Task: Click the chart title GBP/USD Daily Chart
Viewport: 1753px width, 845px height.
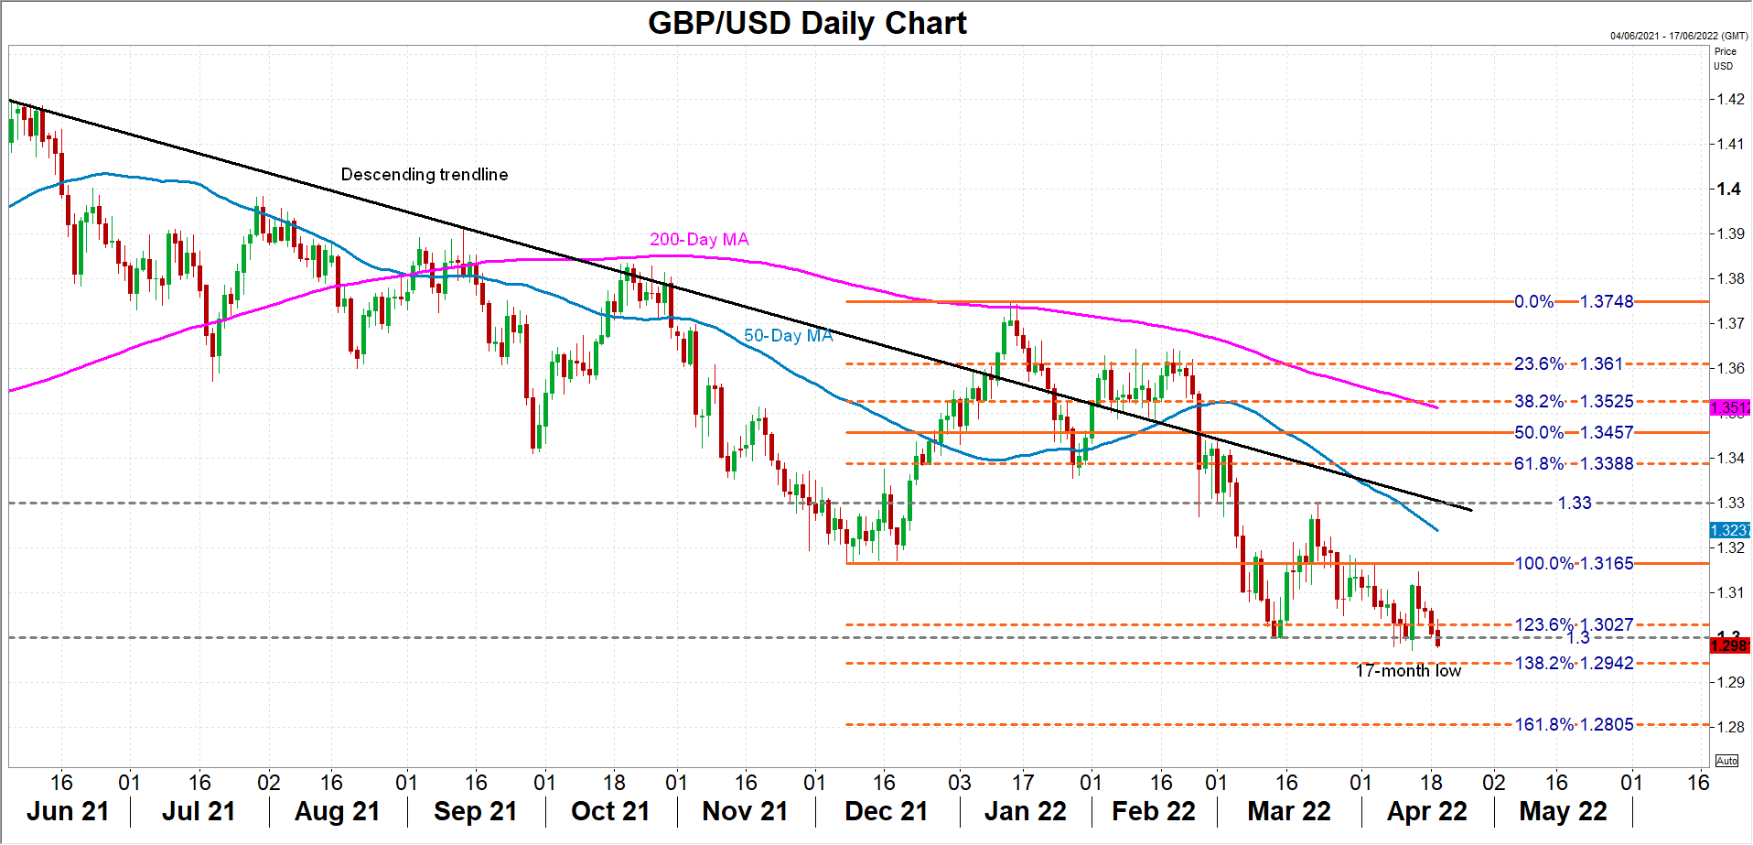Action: (x=807, y=23)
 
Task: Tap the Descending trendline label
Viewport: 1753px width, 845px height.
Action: (x=425, y=174)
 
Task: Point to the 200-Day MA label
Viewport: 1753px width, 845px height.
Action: (x=699, y=239)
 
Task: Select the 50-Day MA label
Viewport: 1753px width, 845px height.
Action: (x=788, y=335)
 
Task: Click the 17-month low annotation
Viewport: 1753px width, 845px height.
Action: (x=1408, y=671)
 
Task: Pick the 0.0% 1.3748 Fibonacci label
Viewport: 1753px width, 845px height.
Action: (x=1574, y=301)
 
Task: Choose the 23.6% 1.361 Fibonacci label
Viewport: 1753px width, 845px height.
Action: (x=1568, y=363)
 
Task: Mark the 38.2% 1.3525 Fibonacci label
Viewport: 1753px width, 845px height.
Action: (x=1574, y=401)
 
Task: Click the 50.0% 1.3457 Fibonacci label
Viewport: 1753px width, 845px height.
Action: (x=1574, y=432)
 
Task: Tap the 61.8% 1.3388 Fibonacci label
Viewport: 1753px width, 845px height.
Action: (x=1574, y=463)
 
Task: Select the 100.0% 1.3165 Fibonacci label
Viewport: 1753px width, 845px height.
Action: (x=1574, y=563)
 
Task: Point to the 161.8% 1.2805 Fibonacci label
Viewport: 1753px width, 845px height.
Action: (x=1574, y=724)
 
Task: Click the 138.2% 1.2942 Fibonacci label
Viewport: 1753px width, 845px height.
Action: (x=1574, y=663)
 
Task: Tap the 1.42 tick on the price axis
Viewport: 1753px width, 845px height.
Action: (x=1729, y=99)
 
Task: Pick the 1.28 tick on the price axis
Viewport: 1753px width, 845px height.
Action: (x=1729, y=727)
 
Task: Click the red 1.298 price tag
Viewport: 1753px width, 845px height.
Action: (x=1729, y=645)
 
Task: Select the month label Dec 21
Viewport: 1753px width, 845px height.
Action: (x=886, y=811)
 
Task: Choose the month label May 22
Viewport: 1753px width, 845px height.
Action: (x=1563, y=811)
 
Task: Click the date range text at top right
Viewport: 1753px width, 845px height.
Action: (x=1679, y=36)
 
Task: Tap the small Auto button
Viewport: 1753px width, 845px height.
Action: (x=1726, y=761)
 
